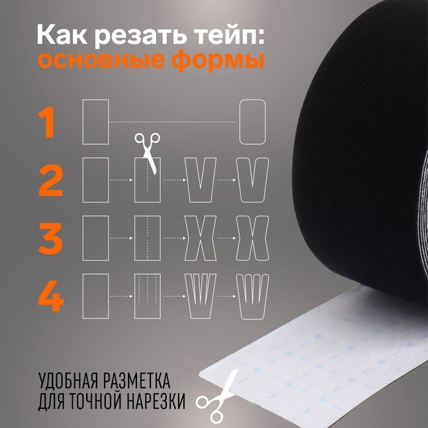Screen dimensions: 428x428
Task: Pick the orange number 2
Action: [x=51, y=180]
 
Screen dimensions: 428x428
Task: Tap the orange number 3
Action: [x=51, y=238]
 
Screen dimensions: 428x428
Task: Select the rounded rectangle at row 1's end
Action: [x=253, y=122]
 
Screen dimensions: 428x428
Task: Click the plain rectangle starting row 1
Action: [x=95, y=122]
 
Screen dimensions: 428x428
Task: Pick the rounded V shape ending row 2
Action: [x=253, y=180]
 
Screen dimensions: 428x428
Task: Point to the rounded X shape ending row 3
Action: [x=253, y=238]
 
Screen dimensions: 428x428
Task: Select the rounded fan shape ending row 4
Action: [x=253, y=297]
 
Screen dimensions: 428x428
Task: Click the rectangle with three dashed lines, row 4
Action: [x=147, y=297]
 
